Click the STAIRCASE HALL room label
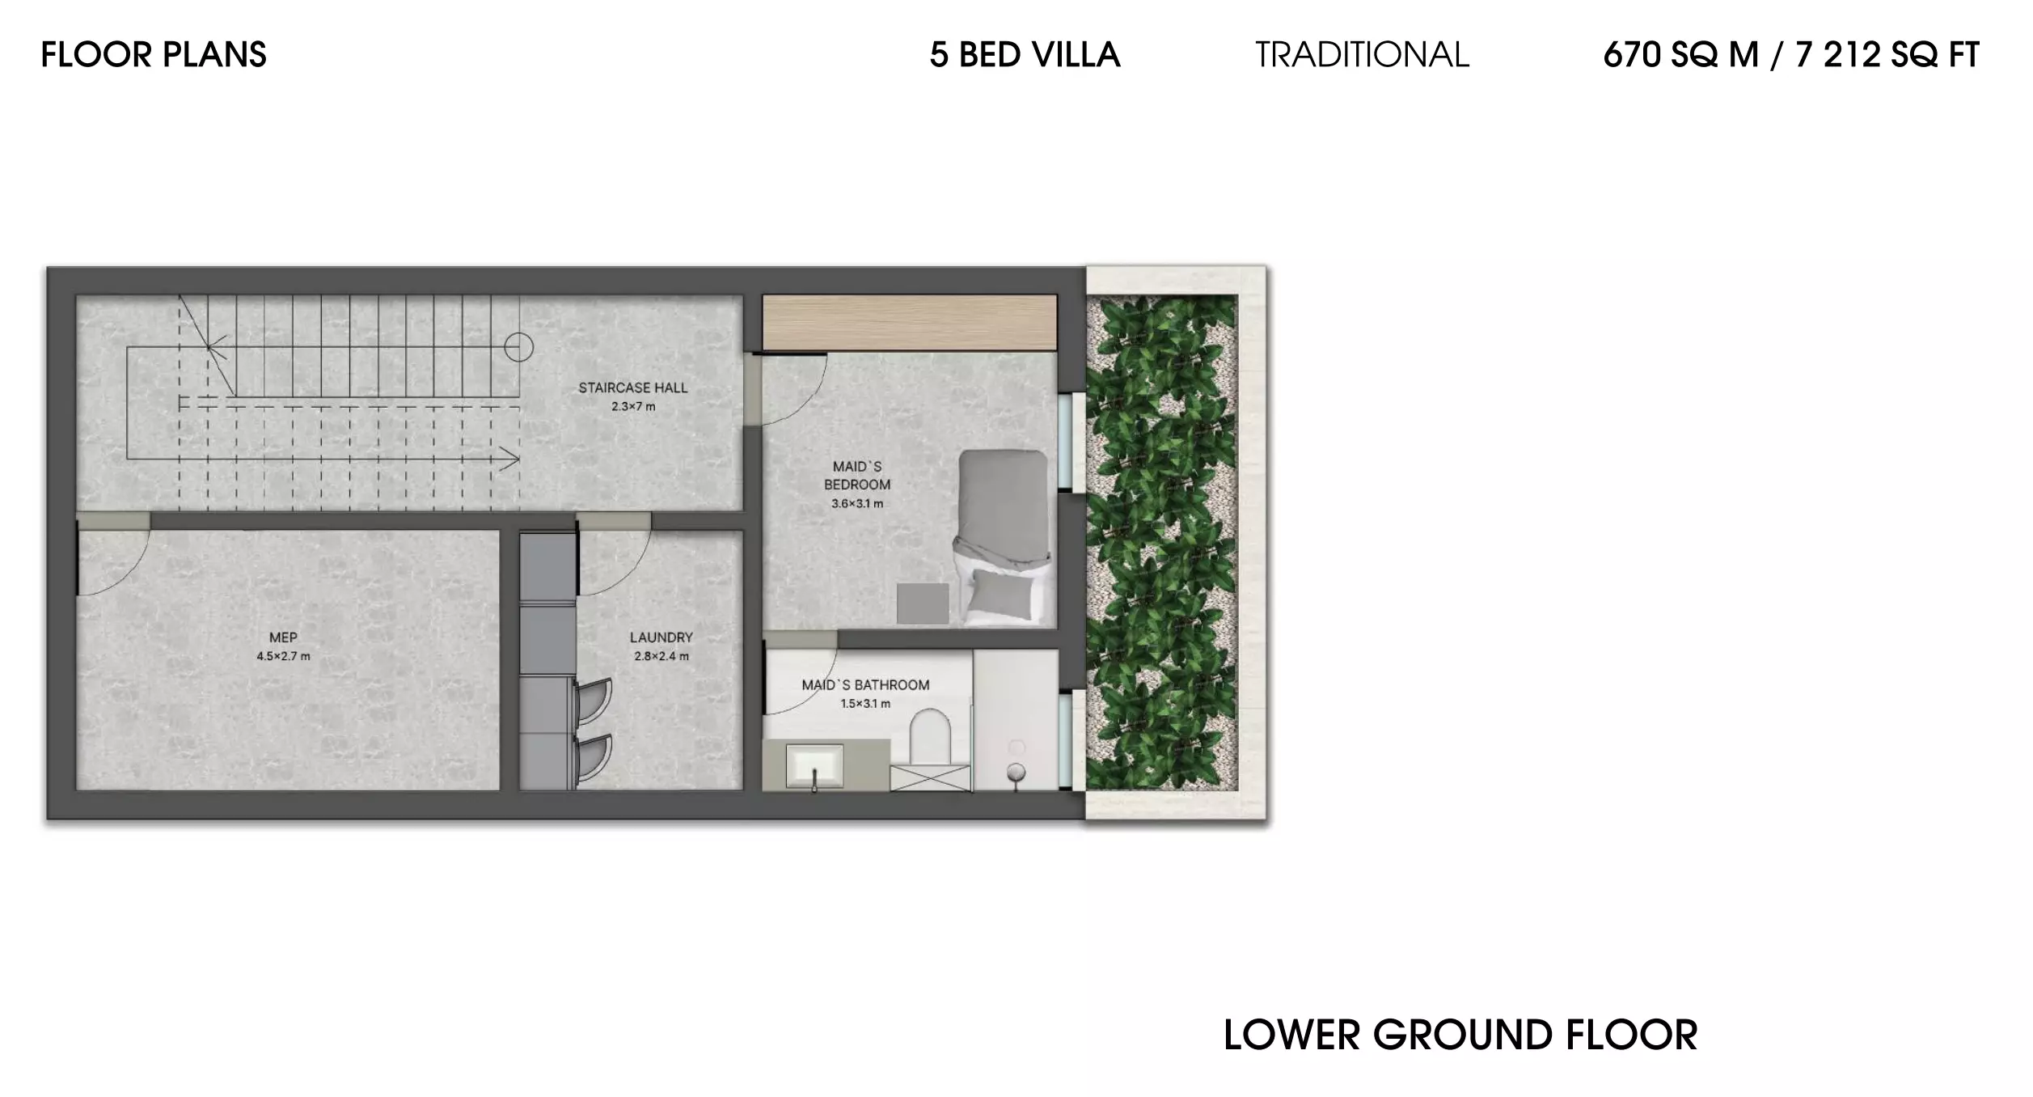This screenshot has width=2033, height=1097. [x=633, y=388]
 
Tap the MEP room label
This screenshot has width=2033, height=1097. [x=283, y=637]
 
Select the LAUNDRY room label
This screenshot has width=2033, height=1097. [x=661, y=637]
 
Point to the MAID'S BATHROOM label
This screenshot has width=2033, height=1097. [x=865, y=685]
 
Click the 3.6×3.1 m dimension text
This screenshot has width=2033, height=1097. [x=857, y=503]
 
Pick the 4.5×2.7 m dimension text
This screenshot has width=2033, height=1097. [x=283, y=656]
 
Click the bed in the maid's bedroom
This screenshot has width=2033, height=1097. [x=1004, y=537]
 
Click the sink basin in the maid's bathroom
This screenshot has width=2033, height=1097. [x=815, y=765]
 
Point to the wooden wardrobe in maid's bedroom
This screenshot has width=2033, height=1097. [x=910, y=322]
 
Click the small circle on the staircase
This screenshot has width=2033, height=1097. [x=518, y=348]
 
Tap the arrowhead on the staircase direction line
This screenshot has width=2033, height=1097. [x=511, y=460]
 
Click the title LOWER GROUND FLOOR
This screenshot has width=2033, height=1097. [x=1460, y=1036]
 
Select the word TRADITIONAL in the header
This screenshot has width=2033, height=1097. [x=1362, y=55]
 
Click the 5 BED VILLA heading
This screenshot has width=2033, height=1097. [x=1025, y=55]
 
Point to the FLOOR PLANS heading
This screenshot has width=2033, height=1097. [x=154, y=55]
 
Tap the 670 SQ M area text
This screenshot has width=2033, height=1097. [x=1680, y=55]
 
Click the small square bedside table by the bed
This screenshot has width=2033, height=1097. [x=923, y=604]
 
